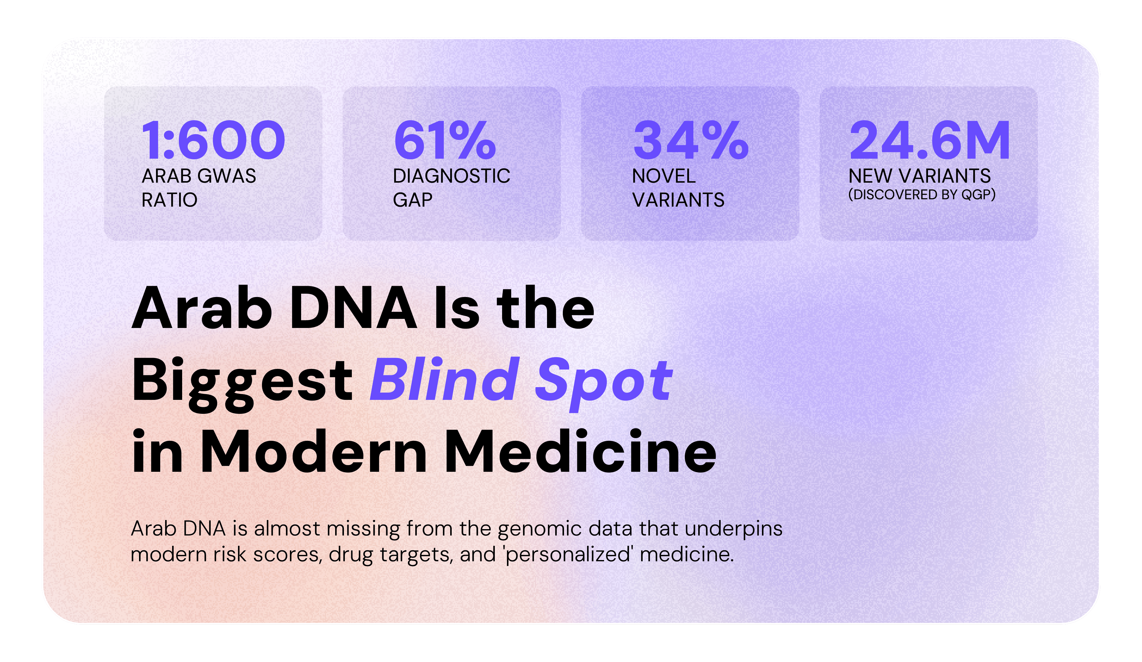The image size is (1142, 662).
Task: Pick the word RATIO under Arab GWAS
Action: (x=169, y=200)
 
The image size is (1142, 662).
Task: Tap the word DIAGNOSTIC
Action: (x=451, y=176)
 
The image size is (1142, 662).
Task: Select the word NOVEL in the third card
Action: (x=664, y=176)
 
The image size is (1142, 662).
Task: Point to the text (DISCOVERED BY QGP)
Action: (x=922, y=195)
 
